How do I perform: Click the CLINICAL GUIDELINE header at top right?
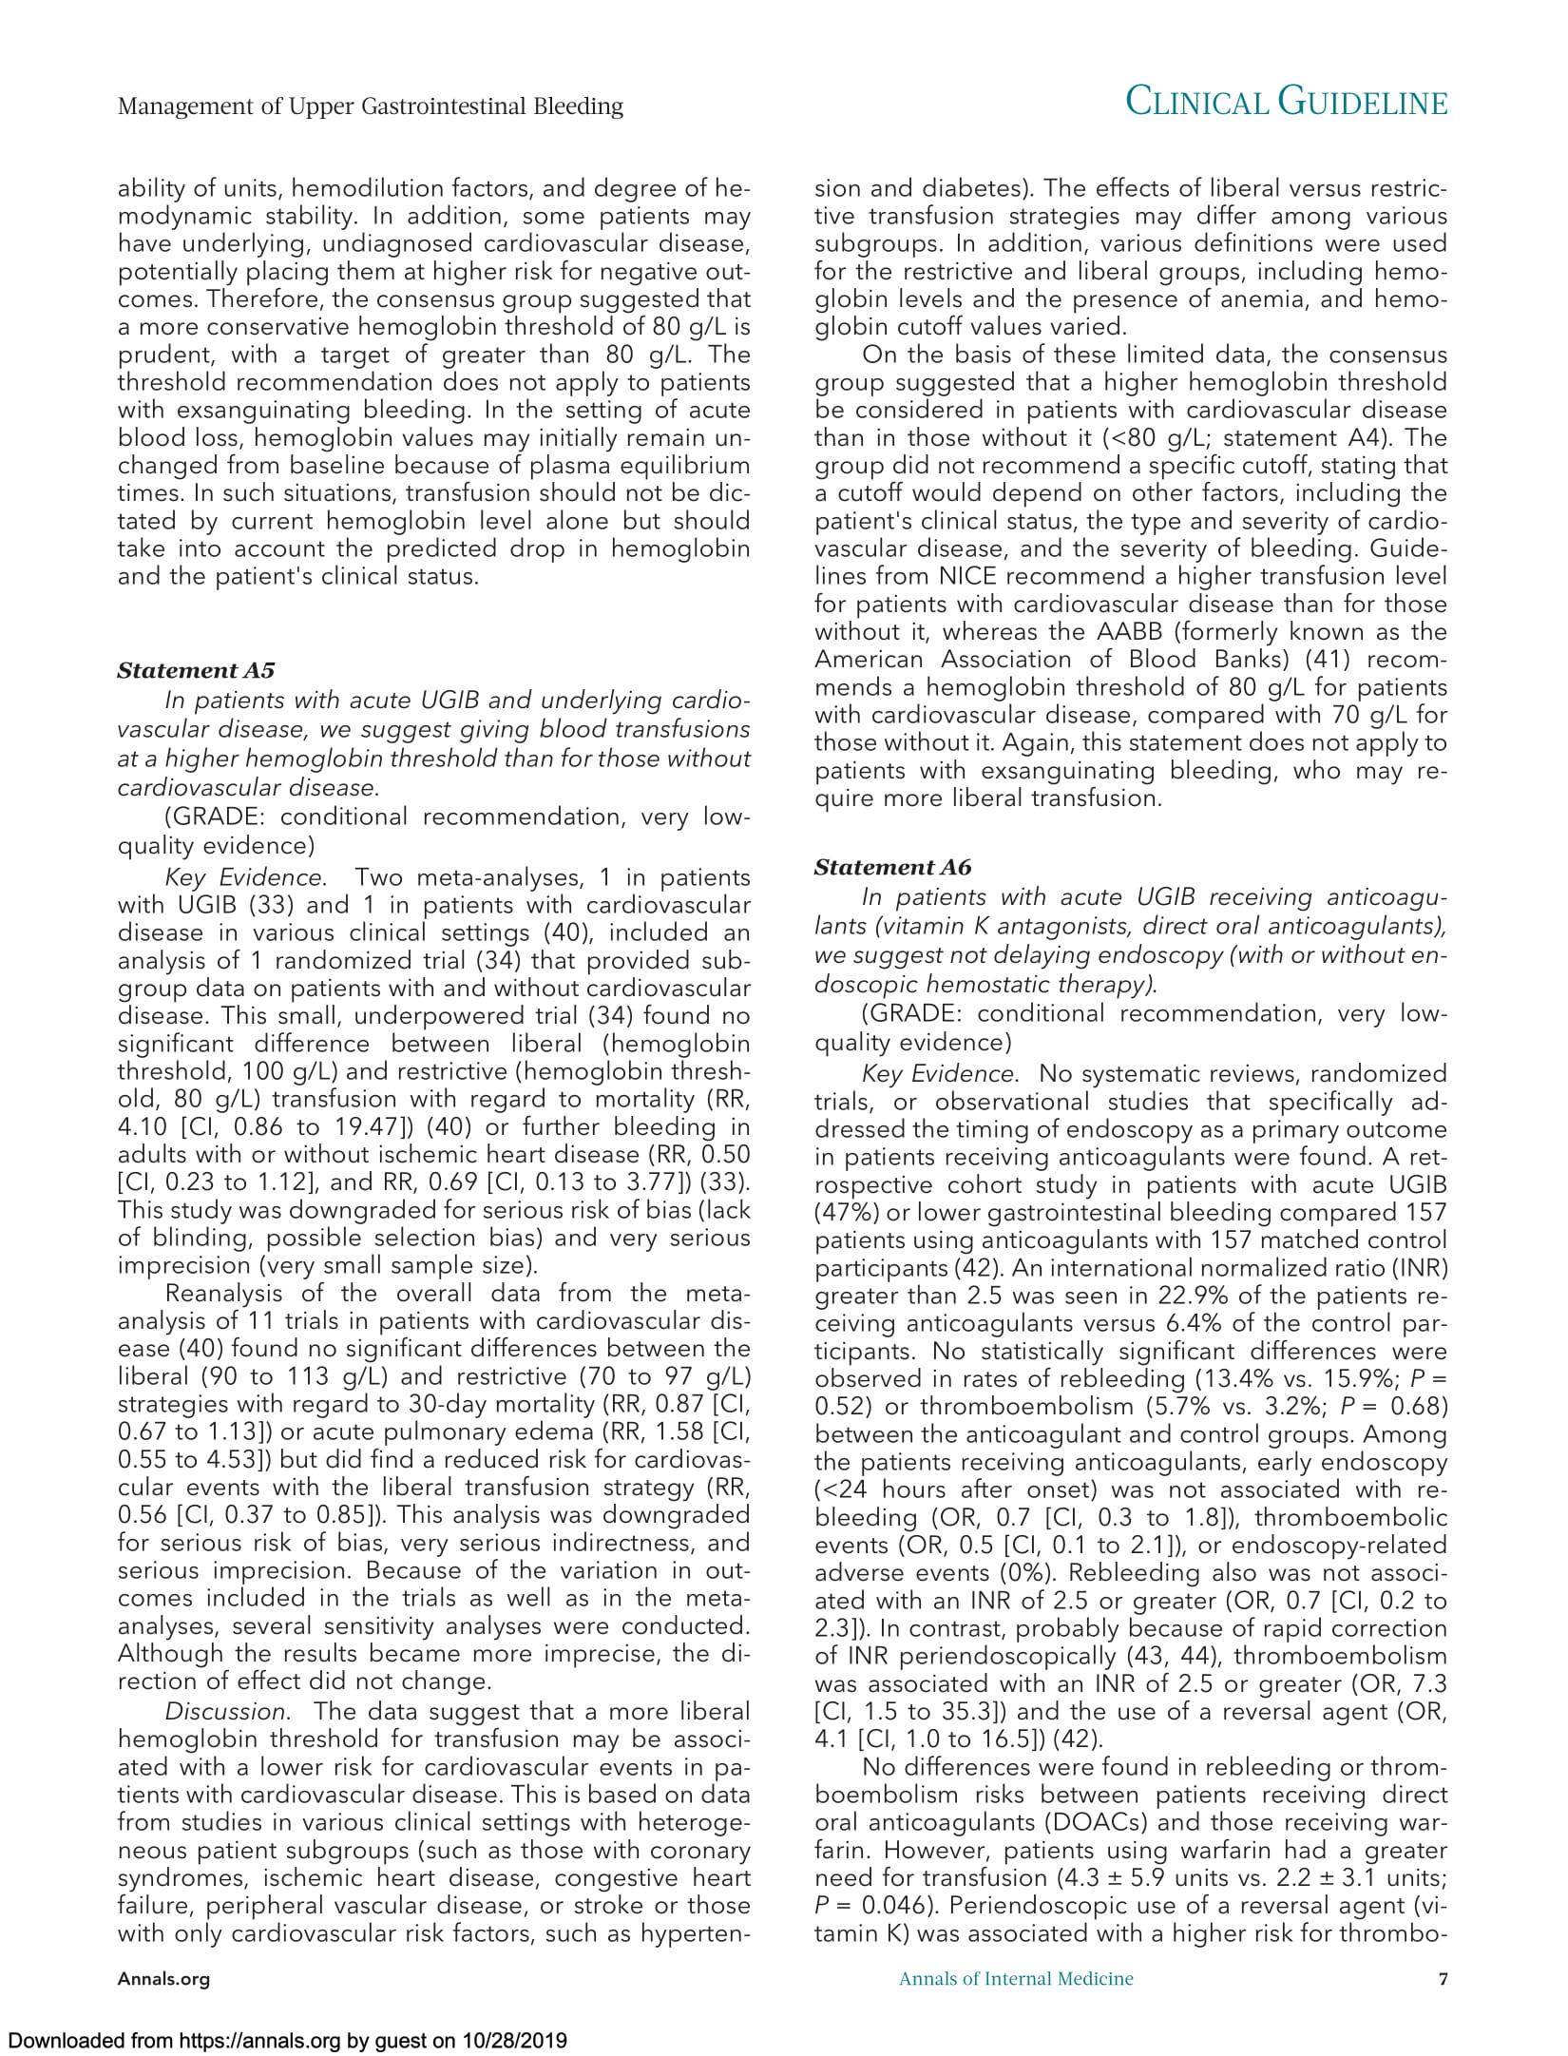click(1286, 104)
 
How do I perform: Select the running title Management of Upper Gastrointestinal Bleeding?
click(370, 106)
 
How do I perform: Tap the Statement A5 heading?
click(196, 670)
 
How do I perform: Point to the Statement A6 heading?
click(893, 867)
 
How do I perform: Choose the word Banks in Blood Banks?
click(1227, 660)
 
